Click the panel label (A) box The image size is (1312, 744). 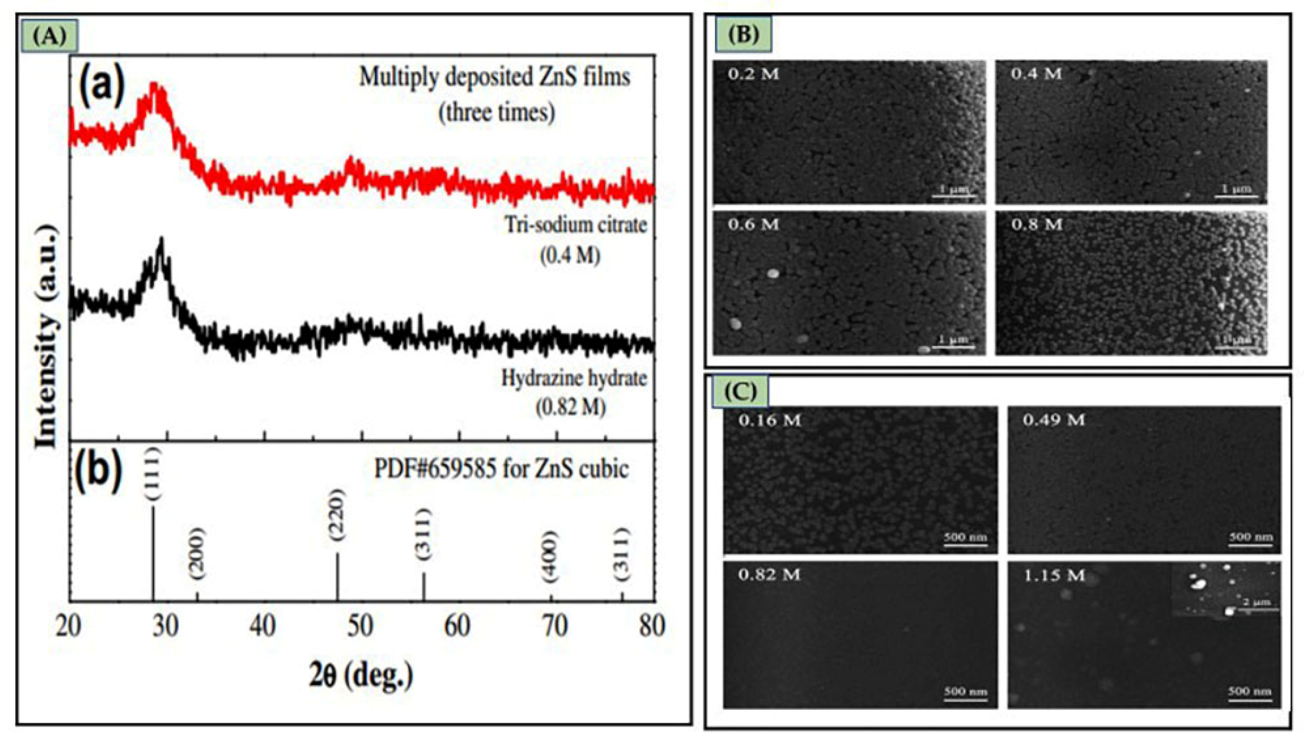click(x=49, y=36)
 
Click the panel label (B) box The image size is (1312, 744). click(x=743, y=34)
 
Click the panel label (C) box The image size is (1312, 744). click(x=740, y=391)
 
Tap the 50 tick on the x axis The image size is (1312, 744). click(x=360, y=626)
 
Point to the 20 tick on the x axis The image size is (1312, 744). click(x=68, y=626)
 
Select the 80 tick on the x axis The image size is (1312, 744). click(x=651, y=626)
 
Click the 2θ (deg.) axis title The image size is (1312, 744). click(x=362, y=675)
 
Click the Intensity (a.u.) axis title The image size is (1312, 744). click(x=46, y=336)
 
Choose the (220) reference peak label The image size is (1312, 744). click(x=336, y=515)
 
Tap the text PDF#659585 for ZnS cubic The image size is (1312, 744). click(x=500, y=469)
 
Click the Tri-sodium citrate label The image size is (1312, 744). click(x=575, y=225)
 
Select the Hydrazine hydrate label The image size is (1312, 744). click(x=574, y=379)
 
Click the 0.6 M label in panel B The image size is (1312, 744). click(x=753, y=225)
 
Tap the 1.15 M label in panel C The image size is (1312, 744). click(x=1054, y=575)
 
